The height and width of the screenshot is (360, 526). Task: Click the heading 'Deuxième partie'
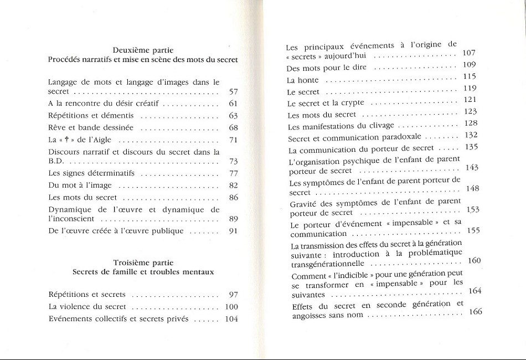(x=143, y=50)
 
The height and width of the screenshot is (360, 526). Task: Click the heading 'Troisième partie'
(x=143, y=263)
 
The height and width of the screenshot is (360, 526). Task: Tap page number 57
(x=233, y=91)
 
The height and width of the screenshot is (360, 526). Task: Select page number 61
(x=233, y=104)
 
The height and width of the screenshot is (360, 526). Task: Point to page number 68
(x=233, y=128)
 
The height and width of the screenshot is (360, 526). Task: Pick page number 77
(x=233, y=173)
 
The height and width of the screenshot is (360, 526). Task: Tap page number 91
(x=233, y=231)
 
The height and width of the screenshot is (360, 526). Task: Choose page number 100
(x=231, y=307)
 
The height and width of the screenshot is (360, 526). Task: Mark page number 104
(x=231, y=319)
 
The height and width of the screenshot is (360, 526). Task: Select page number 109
(x=470, y=65)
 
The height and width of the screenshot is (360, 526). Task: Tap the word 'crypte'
(x=352, y=103)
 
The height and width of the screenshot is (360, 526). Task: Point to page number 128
(x=471, y=124)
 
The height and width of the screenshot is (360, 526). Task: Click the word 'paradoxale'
(x=401, y=137)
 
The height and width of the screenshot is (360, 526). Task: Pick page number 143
(x=472, y=168)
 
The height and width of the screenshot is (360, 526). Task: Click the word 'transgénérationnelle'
(x=328, y=264)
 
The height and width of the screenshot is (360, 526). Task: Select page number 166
(x=475, y=312)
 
